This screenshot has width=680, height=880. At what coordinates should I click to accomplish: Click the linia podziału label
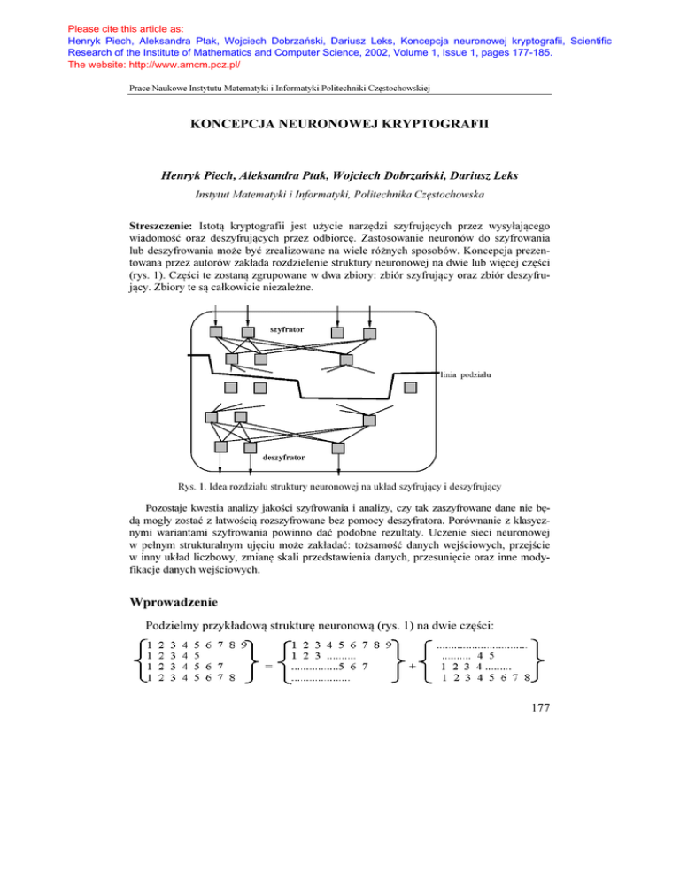coord(467,375)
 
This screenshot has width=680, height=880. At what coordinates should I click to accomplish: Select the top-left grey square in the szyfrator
coord(215,331)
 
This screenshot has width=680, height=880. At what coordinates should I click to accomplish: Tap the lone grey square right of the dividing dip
coord(411,387)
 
